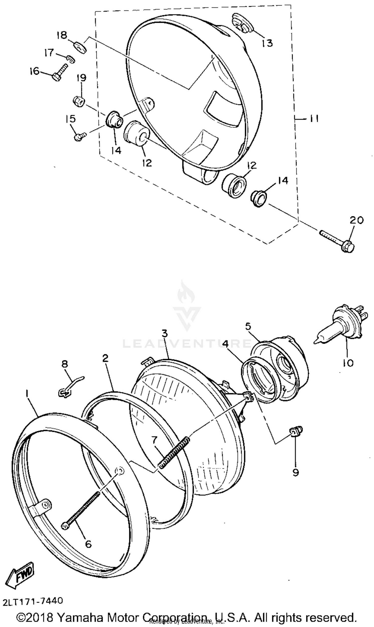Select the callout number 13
[267, 43]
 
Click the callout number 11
[314, 119]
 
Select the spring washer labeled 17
[71, 59]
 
